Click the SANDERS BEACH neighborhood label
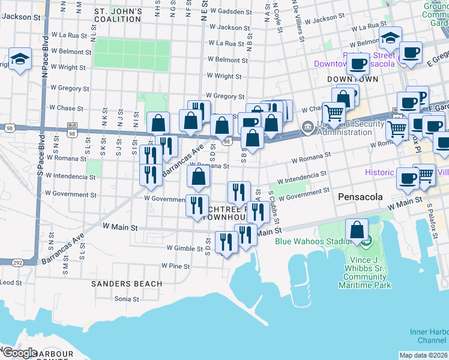[x=126, y=283]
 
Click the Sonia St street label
[x=127, y=299]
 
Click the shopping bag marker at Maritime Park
[x=357, y=230]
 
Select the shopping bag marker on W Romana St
[x=198, y=176]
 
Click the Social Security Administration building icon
[x=307, y=127]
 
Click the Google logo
[x=20, y=353]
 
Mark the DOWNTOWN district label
[x=352, y=79]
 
